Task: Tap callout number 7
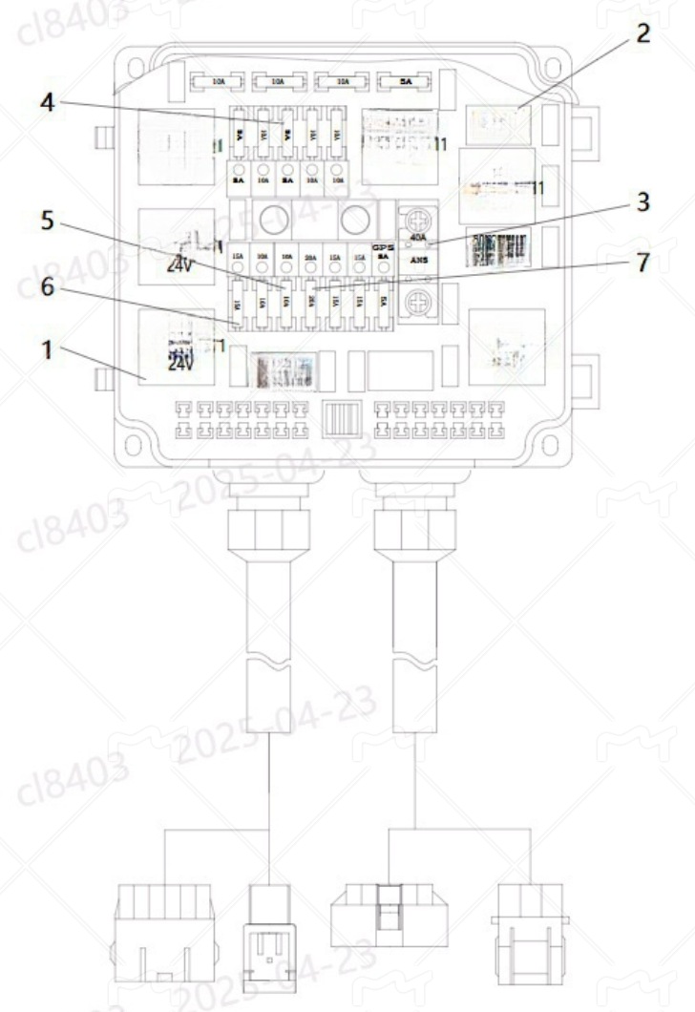coord(642,263)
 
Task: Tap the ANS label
coord(418,259)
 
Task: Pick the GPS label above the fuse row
coord(382,246)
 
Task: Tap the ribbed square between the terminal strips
coord(339,418)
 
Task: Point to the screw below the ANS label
coord(418,304)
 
